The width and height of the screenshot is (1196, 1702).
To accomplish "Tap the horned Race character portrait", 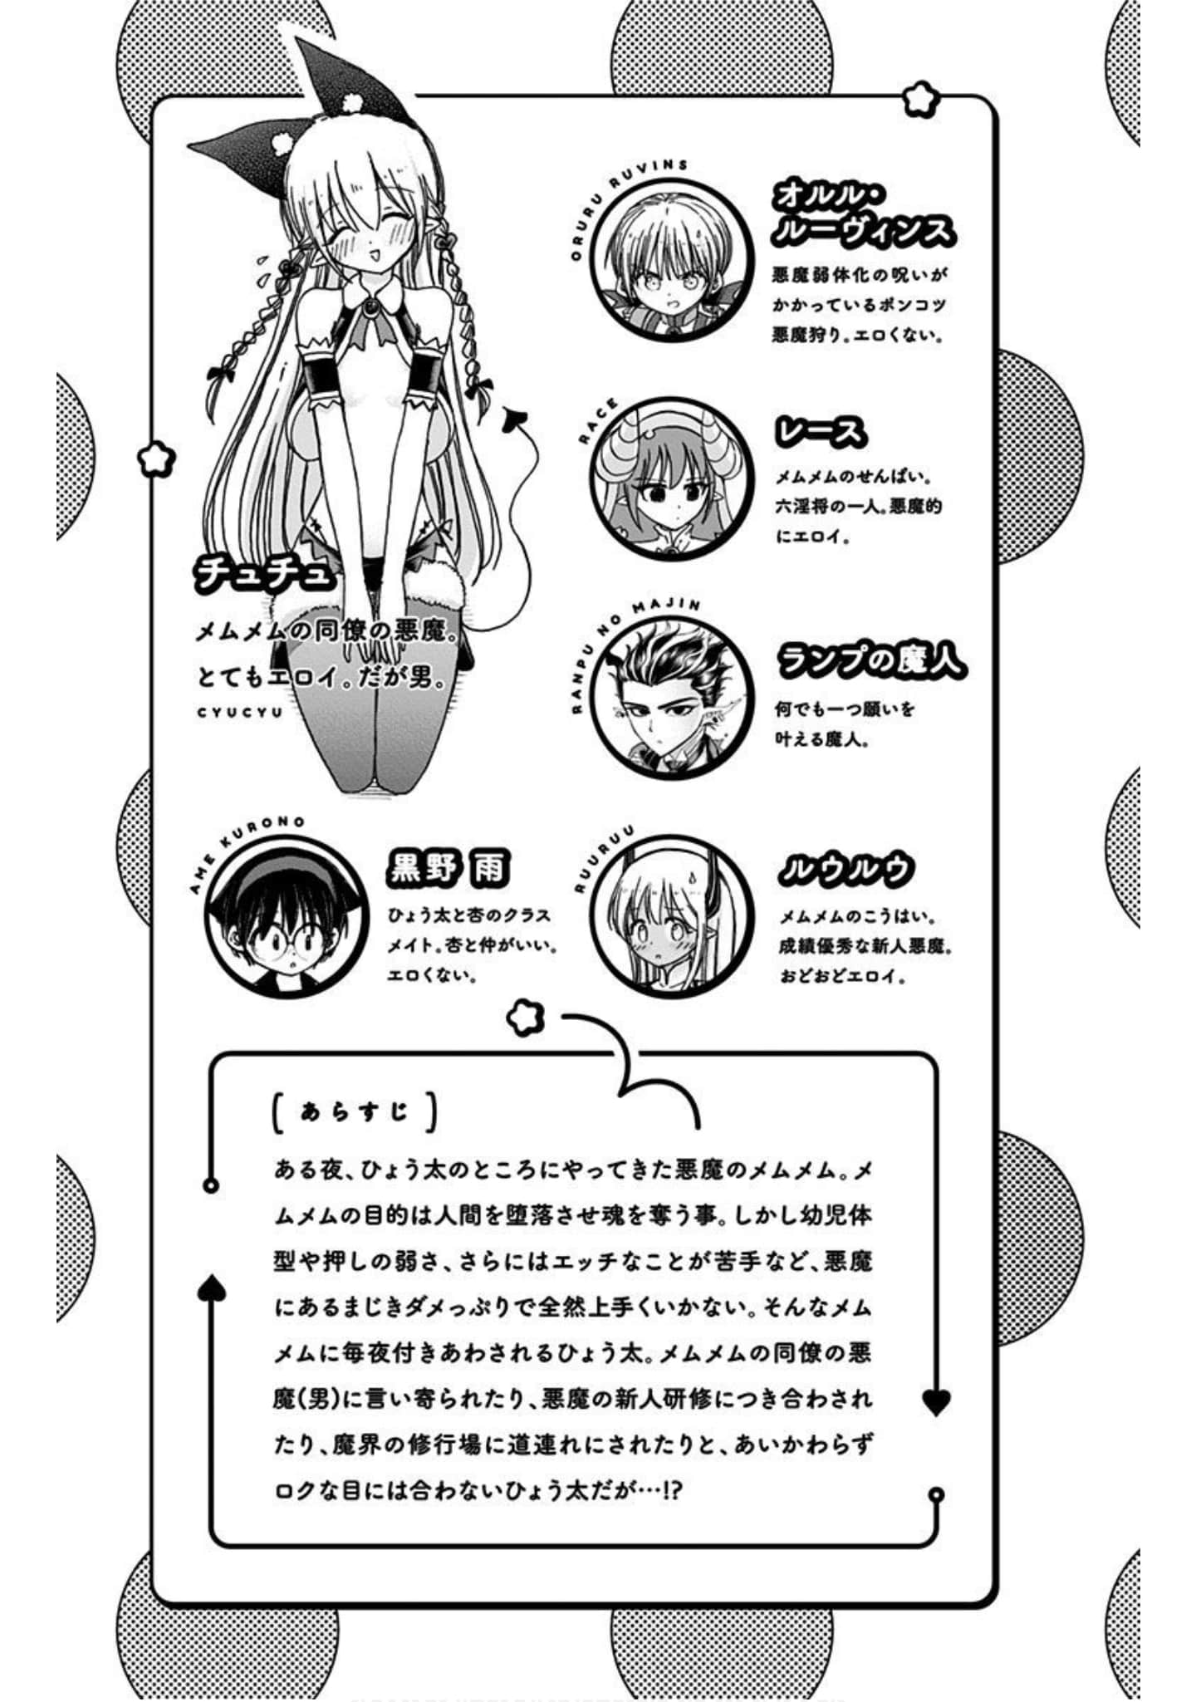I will tap(673, 478).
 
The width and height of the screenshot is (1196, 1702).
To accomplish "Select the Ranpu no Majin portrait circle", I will tap(673, 696).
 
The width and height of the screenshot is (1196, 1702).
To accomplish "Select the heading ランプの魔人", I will tap(871, 660).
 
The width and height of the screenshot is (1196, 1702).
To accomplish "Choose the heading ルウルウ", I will tap(846, 869).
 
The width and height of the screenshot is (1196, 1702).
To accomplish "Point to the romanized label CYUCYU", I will tap(240, 712).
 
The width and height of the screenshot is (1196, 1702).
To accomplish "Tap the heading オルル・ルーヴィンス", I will tap(862, 214).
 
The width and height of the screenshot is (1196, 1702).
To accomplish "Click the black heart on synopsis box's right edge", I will tap(936, 1402).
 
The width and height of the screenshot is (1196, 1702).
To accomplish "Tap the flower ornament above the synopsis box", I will tap(525, 1017).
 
